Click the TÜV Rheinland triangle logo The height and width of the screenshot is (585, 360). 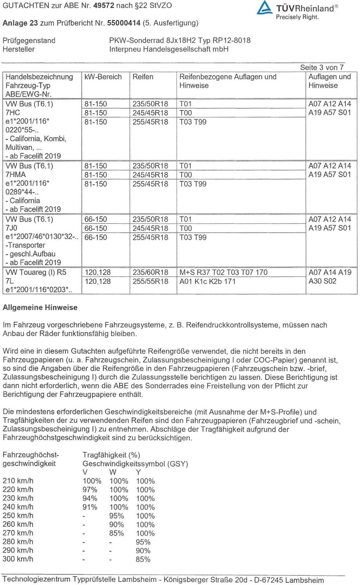coord(264,8)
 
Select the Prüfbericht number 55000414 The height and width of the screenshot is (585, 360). coord(124,23)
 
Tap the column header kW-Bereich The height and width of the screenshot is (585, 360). coord(103,77)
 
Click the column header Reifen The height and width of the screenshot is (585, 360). coord(143,77)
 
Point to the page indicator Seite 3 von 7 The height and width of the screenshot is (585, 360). coord(322,67)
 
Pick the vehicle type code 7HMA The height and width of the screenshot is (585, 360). coord(16,174)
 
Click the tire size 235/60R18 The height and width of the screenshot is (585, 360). coord(150,272)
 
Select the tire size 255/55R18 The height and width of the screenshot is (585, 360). coord(150,282)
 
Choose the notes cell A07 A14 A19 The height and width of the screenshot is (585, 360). coord(330,272)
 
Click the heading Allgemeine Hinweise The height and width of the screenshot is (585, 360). coord(40,307)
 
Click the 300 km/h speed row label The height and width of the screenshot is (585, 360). coord(18,559)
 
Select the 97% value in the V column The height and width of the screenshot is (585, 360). coord(90,490)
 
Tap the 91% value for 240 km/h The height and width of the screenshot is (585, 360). coord(90,507)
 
